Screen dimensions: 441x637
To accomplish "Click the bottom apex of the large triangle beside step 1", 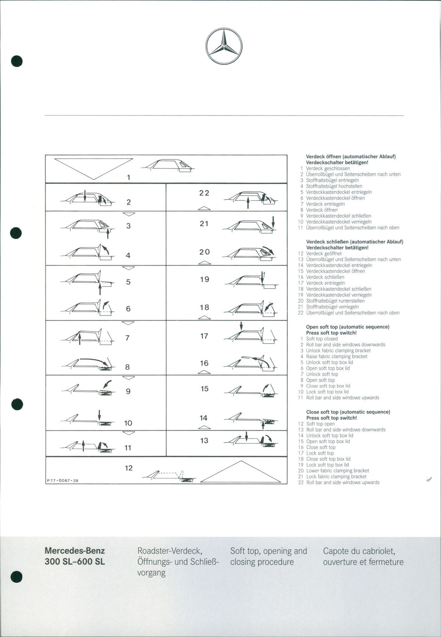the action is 94,180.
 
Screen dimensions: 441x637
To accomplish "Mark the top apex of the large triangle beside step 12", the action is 241,461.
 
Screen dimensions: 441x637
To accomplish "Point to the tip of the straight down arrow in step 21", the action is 273,228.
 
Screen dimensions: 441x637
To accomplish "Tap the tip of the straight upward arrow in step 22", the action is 248,197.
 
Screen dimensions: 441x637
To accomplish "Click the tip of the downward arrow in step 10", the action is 99,421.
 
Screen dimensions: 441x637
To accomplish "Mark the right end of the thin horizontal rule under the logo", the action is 404,116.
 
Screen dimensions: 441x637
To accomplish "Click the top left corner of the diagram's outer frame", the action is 46,155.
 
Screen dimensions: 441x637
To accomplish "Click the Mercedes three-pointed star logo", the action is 224,46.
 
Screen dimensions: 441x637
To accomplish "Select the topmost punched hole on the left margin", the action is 17,61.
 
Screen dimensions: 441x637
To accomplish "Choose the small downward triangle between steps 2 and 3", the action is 128,214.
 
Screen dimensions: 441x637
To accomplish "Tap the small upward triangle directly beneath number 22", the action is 204,209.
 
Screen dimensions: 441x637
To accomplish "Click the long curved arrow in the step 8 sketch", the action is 94,361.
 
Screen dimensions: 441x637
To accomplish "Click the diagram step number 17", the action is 204,336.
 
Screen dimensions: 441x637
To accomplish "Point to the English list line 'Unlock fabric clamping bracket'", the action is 339,351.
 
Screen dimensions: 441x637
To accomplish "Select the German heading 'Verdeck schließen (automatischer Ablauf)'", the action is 354,242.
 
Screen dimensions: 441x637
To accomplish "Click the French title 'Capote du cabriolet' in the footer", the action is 359,551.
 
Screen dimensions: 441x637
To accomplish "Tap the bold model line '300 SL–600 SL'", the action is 75,562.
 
